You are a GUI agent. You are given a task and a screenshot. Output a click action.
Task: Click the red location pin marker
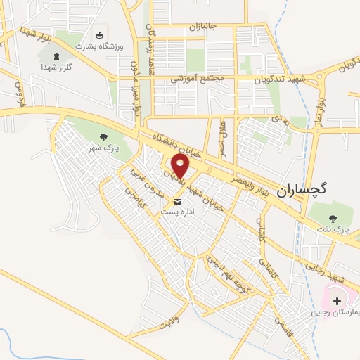coord(181,166)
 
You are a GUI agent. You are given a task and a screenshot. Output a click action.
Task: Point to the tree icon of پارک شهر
coord(104,138)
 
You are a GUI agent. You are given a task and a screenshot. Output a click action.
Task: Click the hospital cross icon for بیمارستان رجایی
coord(337,300)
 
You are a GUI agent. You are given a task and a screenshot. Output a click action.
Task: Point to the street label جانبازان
coord(205,27)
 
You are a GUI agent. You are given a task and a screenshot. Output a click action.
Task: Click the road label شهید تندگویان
coord(281,79)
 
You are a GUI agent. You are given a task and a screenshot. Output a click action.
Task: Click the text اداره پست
coord(175,211)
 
